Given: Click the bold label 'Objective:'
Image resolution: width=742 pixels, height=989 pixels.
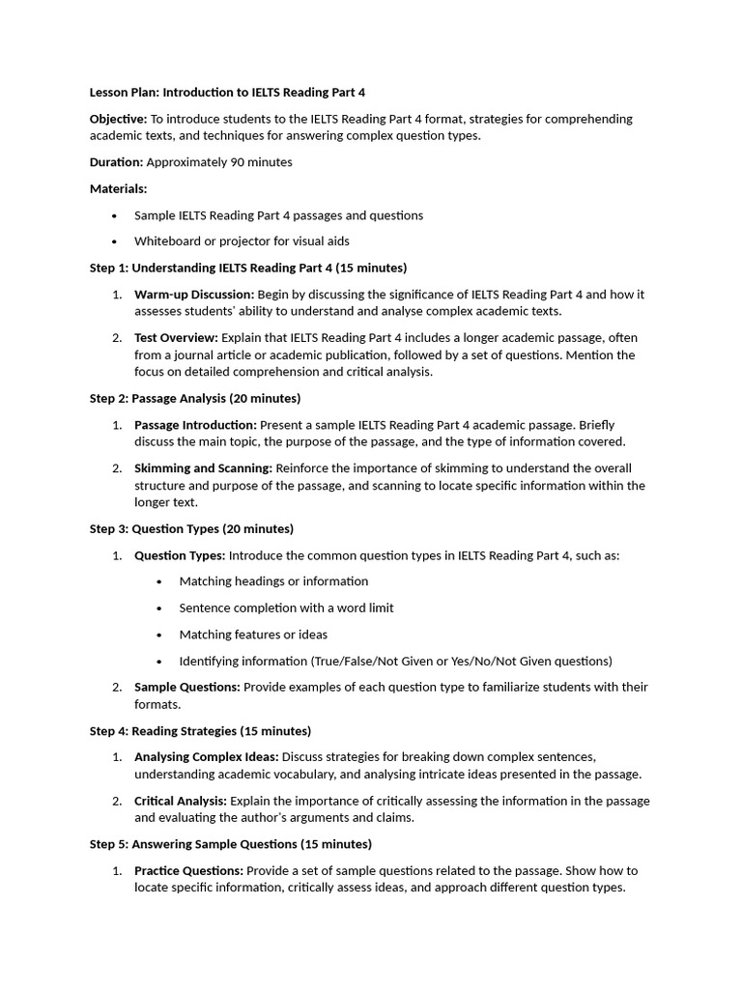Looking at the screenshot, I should coord(119,119).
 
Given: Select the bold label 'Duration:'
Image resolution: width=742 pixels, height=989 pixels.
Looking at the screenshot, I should coord(116,162).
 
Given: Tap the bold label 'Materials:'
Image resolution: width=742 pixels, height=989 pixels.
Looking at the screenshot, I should coord(118,188).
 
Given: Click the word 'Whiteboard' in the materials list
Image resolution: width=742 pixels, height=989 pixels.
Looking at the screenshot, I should coord(167,241).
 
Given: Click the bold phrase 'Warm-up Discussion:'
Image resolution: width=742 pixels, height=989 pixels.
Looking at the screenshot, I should coord(194,295).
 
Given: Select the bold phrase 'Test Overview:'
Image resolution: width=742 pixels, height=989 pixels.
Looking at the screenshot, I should coord(177,338).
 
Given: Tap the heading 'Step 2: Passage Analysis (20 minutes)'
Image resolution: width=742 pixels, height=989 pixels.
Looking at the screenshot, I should coord(194,398).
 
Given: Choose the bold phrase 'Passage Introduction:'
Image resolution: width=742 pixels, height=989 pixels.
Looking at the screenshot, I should coord(195,425).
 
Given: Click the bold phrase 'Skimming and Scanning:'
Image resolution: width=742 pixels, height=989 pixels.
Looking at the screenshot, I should coord(203,468).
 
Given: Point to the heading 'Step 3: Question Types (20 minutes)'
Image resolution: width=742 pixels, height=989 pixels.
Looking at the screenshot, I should coord(191,529).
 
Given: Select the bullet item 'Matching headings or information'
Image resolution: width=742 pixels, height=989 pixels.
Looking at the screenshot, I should coord(273,581).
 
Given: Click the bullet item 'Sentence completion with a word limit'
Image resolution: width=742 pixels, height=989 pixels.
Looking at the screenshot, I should coord(286,608).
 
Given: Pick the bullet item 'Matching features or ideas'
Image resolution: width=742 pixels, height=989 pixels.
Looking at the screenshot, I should coord(253,635).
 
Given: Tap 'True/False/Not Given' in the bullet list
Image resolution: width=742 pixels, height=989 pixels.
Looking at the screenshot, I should coord(373,662).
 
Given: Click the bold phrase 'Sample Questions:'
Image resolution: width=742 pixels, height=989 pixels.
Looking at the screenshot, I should coord(186,688).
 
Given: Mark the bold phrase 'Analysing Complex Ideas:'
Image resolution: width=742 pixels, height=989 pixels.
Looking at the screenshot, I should coord(206,757).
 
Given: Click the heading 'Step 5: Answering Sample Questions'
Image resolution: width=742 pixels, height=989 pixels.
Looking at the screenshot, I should coord(230,844).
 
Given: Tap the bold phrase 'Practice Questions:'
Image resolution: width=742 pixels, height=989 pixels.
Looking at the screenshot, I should coord(188,871).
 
